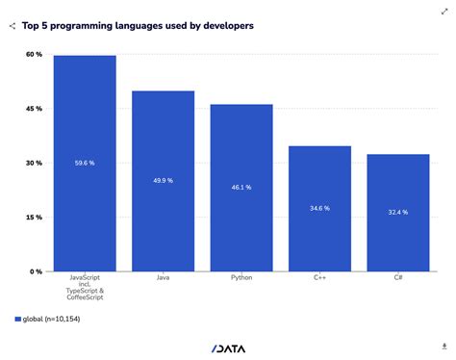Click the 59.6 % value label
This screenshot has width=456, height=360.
point(85,164)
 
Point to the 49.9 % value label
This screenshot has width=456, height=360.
point(163,181)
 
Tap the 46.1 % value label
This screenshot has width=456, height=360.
point(241,188)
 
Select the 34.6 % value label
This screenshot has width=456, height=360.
point(319,208)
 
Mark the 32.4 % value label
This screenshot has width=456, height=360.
point(397,212)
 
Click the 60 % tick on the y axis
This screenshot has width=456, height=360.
point(33,55)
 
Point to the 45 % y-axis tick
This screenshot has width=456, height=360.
point(33,109)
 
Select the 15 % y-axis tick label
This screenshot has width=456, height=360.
point(33,218)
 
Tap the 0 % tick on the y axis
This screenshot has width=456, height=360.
point(35,271)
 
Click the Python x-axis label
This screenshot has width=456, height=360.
point(241,277)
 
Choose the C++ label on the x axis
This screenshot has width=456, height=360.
point(319,277)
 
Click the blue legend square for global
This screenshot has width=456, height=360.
point(16,319)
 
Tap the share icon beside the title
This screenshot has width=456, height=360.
point(12,26)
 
